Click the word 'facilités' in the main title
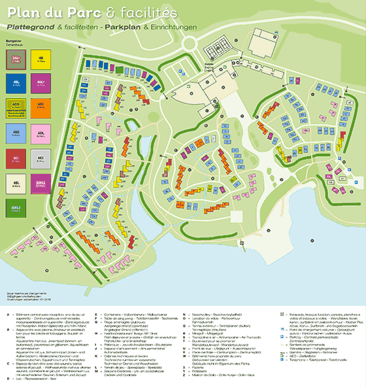(151, 12)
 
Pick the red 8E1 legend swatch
(16, 159)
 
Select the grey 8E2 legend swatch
(41, 159)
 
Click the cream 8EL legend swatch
(16, 184)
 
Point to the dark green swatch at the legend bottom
(16, 208)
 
